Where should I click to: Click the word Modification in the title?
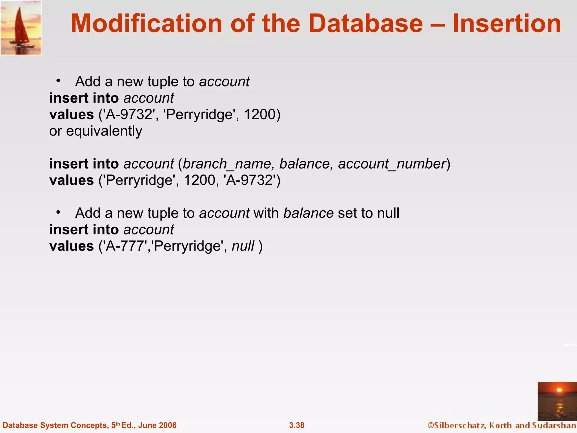147,24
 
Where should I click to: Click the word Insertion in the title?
507,24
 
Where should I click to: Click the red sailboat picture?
21,28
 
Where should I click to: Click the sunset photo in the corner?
557,401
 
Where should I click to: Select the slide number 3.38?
297,425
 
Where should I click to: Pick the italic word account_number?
392,164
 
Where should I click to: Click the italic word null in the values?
243,246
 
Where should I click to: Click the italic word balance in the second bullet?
308,213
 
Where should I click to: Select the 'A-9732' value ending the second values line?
250,180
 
